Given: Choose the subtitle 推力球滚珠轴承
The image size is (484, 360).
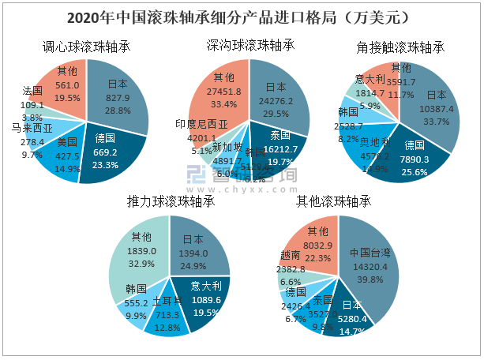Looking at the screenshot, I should coord(171,201).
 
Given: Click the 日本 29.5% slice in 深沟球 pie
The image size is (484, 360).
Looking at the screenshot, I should coord(276,95).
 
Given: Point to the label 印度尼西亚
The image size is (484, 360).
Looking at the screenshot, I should coord(201,124).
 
